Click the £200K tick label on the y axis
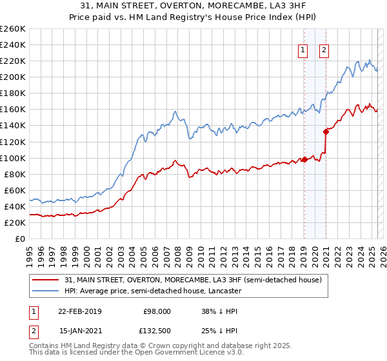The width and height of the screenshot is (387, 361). click(12, 77)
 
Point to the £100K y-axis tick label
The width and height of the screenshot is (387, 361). click(12, 158)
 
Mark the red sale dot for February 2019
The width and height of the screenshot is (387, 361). click(304, 159)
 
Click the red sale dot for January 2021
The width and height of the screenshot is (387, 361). click(326, 132)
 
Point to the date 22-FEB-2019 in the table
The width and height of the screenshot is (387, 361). click(79, 311)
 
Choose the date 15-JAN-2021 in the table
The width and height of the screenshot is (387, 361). click(79, 331)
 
